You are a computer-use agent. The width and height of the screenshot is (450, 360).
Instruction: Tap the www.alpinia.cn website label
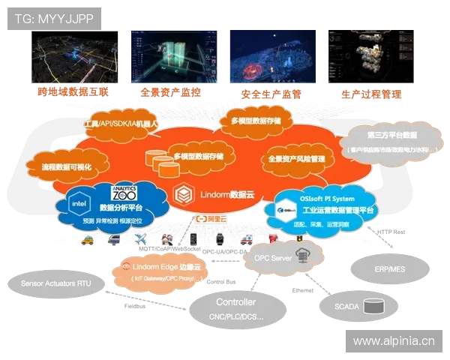(394, 341)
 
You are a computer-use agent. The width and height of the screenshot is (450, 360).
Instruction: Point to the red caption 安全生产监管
(271, 94)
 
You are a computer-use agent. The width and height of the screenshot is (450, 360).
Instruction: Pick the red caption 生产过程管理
(370, 95)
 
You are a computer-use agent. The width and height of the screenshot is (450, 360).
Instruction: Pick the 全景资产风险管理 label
(295, 159)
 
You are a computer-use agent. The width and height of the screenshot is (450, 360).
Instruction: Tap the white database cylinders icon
(160, 160)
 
